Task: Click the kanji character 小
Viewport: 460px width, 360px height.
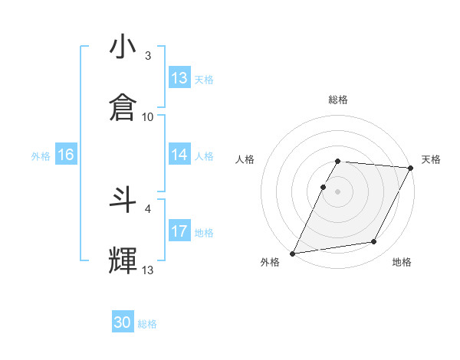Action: (123, 48)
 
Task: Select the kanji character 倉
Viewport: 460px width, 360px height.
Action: (123, 108)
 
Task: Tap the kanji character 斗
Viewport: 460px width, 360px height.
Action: (123, 201)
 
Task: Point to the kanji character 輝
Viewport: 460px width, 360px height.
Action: (123, 260)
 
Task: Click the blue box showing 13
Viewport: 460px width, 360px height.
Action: (179, 78)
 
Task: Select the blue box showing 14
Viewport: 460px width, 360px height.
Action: (179, 155)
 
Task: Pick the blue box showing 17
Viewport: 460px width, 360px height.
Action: (179, 231)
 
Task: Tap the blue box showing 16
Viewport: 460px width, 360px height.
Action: (66, 155)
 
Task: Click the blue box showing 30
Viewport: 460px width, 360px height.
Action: (123, 322)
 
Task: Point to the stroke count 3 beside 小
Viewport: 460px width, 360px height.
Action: (148, 56)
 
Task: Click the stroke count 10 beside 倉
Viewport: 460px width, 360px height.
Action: (148, 116)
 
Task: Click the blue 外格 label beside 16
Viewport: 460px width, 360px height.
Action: (41, 155)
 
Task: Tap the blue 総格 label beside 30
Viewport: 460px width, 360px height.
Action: (148, 324)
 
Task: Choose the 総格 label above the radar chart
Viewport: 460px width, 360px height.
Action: (338, 100)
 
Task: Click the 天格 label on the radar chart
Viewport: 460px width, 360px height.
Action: (431, 159)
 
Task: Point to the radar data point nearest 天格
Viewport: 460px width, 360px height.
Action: (411, 168)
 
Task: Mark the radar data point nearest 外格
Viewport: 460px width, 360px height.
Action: (292, 254)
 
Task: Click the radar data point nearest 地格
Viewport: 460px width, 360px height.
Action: (374, 242)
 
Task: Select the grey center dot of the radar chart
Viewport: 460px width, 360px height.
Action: (337, 191)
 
